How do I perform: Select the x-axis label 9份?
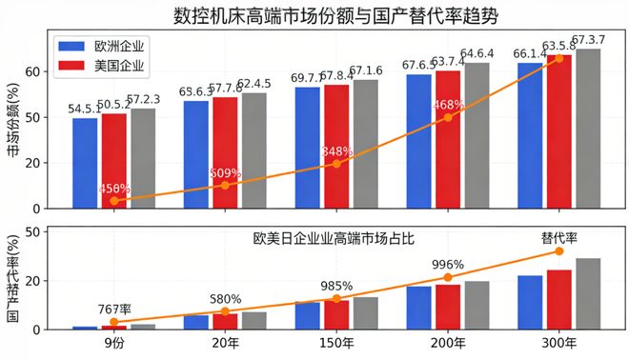(x=113, y=344)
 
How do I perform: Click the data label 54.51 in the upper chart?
(x=85, y=109)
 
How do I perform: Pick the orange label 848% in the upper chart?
(x=336, y=151)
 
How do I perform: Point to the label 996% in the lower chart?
(x=447, y=265)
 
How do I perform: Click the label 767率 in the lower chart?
(x=113, y=310)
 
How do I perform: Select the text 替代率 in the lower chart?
(x=559, y=237)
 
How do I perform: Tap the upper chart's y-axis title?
(x=13, y=122)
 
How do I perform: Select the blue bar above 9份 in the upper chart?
(x=85, y=163)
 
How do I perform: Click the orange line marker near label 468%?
(x=448, y=117)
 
